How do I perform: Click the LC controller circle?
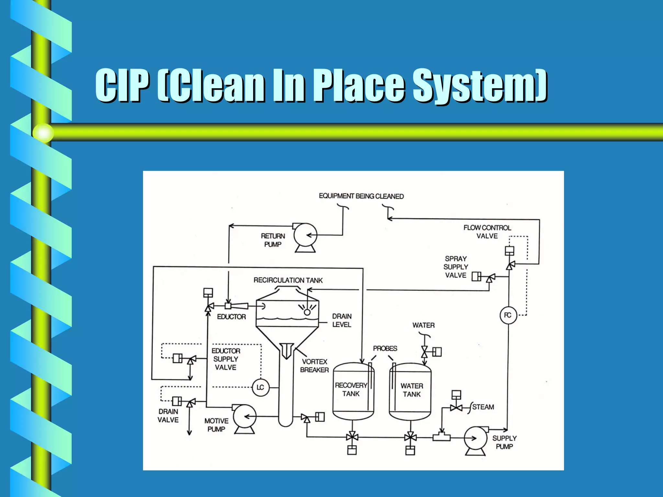point(260,387)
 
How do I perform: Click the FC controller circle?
point(508,315)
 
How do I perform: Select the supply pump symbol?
point(475,438)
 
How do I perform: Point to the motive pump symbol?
point(244,417)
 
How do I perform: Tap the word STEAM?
point(483,407)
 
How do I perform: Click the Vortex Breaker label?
point(314,366)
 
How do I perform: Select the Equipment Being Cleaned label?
point(361,196)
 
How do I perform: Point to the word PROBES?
point(385,348)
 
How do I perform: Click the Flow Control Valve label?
point(487,232)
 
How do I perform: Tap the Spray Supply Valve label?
point(455,267)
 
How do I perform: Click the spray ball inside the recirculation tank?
point(307,312)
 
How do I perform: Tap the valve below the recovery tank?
point(352,437)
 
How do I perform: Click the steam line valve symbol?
point(456,407)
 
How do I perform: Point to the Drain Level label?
point(342,320)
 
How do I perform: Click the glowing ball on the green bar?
point(43,133)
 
